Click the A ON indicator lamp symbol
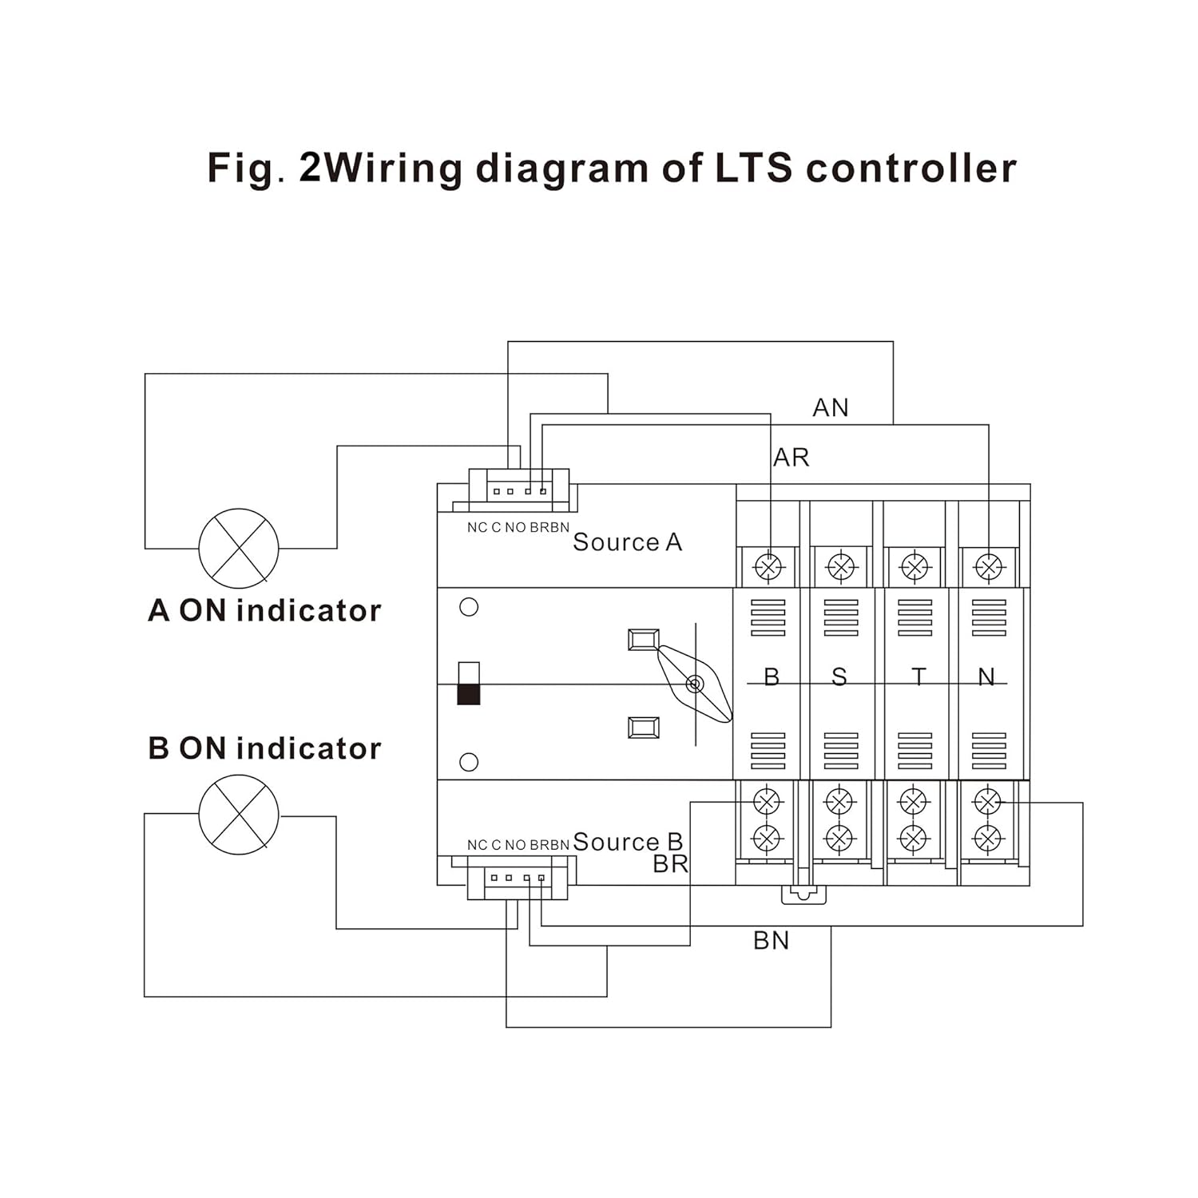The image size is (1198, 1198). [x=239, y=549]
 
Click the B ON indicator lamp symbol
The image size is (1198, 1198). [x=239, y=815]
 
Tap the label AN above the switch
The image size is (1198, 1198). [x=831, y=408]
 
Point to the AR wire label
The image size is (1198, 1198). [x=791, y=458]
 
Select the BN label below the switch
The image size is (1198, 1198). [x=772, y=941]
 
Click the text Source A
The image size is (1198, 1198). [x=628, y=542]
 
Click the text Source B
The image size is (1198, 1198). [x=628, y=842]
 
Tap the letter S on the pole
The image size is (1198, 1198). [x=839, y=677]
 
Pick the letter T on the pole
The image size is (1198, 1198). [x=918, y=677]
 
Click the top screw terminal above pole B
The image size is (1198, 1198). [x=768, y=567]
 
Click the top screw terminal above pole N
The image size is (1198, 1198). [x=989, y=567]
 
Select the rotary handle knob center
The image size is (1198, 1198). [x=695, y=684]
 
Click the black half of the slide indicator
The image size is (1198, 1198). [x=469, y=694]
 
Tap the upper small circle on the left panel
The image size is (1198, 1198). [x=470, y=607]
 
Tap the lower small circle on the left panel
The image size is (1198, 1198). [x=470, y=763]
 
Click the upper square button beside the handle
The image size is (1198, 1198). [x=644, y=640]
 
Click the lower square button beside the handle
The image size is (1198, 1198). [x=644, y=728]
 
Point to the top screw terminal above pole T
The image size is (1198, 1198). [x=915, y=567]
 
